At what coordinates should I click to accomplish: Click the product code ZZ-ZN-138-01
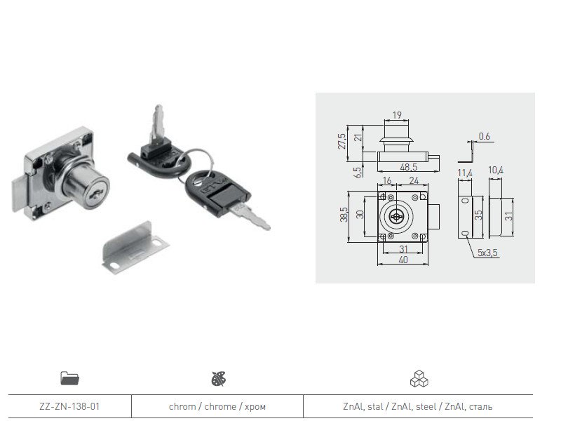click(x=69, y=406)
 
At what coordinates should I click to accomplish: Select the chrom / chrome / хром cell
click(x=217, y=406)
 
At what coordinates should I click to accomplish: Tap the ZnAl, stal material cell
click(x=417, y=406)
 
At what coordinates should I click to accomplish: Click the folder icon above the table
click(x=69, y=378)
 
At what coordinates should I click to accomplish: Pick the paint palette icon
click(x=219, y=379)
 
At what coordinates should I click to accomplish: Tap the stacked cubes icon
click(x=419, y=379)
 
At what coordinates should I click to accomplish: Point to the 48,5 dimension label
click(x=409, y=167)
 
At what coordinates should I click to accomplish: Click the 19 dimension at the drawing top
click(x=397, y=115)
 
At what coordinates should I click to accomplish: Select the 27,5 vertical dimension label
click(x=342, y=142)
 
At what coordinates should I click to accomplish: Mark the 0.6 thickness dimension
click(x=484, y=136)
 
